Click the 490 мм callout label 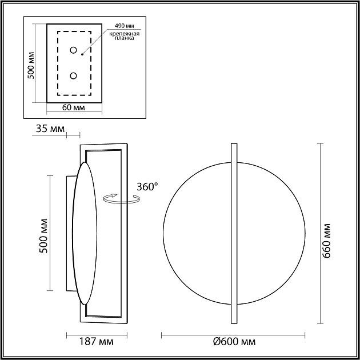(124, 26)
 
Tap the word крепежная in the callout (124, 34)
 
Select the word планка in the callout (124, 38)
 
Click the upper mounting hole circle (73, 50)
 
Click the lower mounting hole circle (73, 75)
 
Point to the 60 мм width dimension (74, 107)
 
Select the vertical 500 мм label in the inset (31, 66)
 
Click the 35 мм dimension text (50, 129)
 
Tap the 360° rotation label (147, 187)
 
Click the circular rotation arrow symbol (121, 199)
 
